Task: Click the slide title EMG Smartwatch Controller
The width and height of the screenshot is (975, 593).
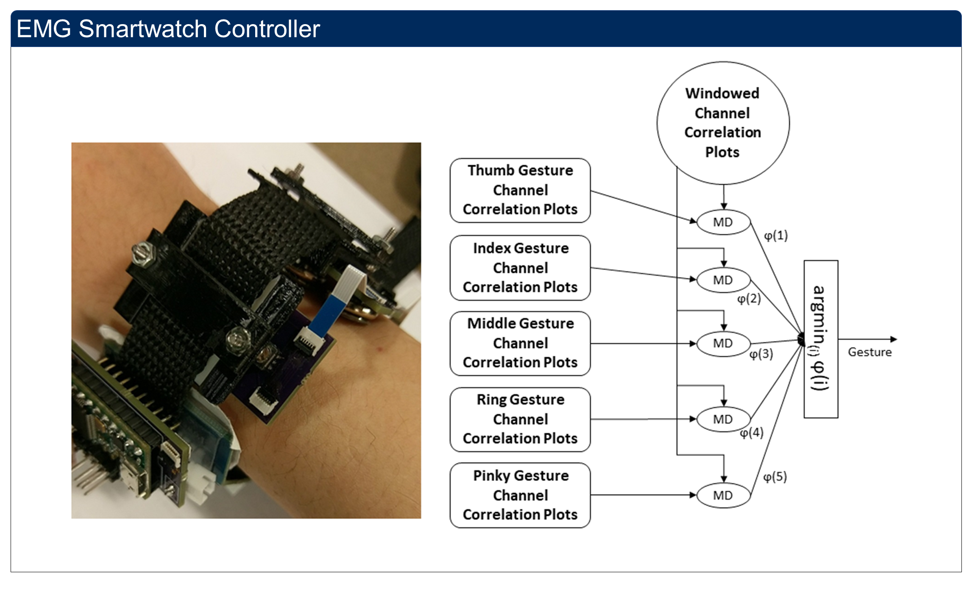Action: [168, 29]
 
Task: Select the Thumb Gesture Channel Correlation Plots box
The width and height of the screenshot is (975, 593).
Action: [520, 190]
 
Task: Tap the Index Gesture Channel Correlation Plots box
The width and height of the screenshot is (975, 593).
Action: [520, 268]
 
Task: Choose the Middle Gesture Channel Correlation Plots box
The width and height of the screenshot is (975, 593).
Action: [520, 343]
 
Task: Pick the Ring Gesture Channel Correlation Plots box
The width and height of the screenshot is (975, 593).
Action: [520, 419]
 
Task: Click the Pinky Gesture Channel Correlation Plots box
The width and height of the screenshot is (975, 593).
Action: [520, 495]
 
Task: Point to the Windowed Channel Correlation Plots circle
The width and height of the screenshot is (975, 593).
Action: [723, 123]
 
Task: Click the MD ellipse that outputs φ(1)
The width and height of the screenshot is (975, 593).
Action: [723, 222]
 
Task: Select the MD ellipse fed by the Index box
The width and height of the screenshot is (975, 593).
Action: [723, 280]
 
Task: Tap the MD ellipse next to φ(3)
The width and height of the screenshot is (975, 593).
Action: [723, 343]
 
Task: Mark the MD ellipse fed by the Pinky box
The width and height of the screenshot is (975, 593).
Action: [723, 495]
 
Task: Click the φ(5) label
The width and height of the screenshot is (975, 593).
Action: [775, 477]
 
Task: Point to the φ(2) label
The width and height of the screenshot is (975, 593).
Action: [749, 299]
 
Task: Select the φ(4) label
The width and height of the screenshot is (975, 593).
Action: [752, 433]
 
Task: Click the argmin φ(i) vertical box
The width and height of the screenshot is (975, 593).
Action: [821, 339]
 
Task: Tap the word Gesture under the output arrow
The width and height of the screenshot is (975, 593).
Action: [869, 352]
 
